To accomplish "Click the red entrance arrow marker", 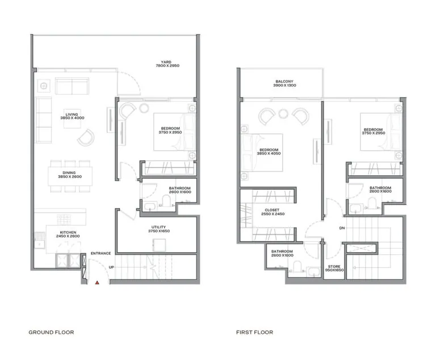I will pyautogui.click(x=97, y=282).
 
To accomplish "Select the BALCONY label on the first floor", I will pyautogui.click(x=281, y=82).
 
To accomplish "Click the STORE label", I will pyautogui.click(x=334, y=266).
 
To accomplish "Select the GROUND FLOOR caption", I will pyautogui.click(x=51, y=332).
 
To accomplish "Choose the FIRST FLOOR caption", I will pyautogui.click(x=255, y=332).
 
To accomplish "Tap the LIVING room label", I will pyautogui.click(x=72, y=115).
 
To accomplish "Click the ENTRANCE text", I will pyautogui.click(x=100, y=254).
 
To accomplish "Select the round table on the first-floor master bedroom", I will pyautogui.click(x=283, y=115).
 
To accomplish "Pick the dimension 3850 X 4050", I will pyautogui.click(x=270, y=153).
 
